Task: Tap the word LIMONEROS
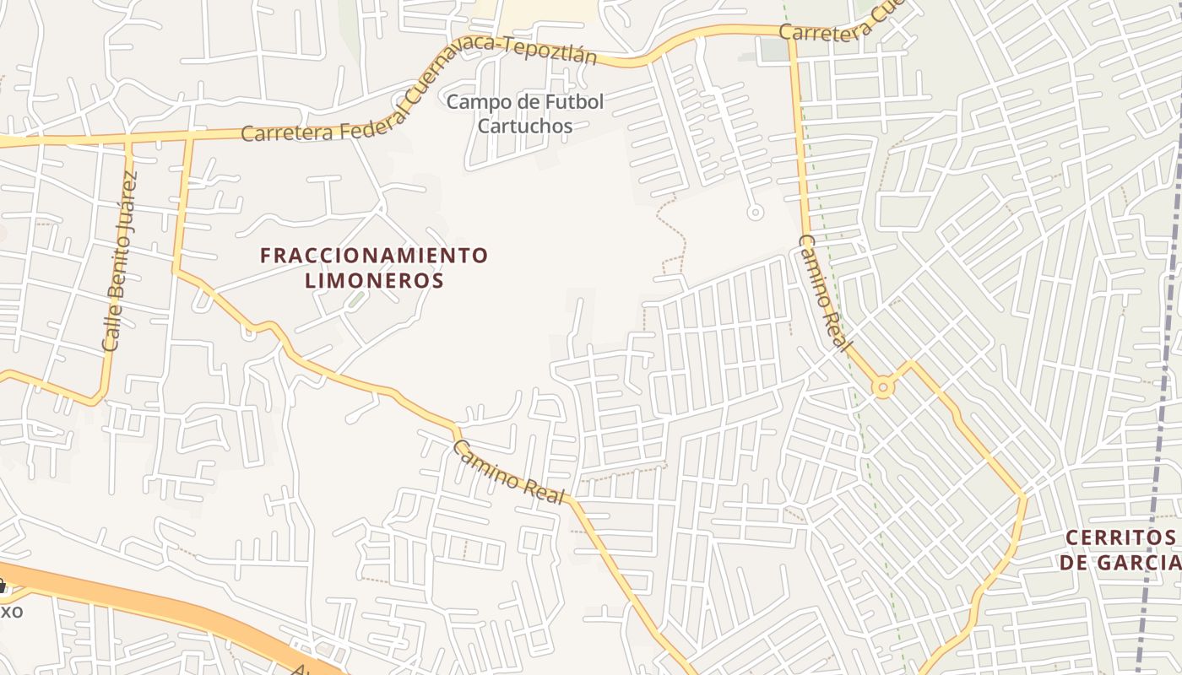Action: point(374,280)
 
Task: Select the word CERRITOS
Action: point(1120,537)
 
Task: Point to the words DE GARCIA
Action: point(1120,562)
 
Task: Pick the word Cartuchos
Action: point(524,127)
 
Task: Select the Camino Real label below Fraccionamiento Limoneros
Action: point(508,473)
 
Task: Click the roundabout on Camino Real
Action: point(883,387)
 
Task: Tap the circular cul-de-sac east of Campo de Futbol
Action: point(756,213)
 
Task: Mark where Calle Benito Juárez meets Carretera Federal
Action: point(129,139)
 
